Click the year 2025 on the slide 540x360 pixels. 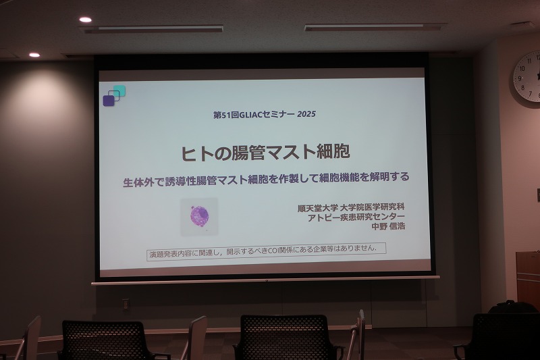point(306,114)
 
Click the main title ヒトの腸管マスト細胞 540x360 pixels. point(265,152)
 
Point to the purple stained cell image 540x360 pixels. point(199,216)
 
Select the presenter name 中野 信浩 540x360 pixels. point(387,226)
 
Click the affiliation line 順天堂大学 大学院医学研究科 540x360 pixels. point(351,208)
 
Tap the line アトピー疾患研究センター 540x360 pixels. point(356,217)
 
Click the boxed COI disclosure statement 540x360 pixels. point(266,251)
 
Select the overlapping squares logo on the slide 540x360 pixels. point(114,96)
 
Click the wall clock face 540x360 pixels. point(527,76)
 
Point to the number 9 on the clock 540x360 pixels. point(520,78)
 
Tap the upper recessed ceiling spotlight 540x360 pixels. point(86,20)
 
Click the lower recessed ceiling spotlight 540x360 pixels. point(34,55)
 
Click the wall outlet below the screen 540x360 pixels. point(126,305)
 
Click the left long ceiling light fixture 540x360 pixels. point(153,29)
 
